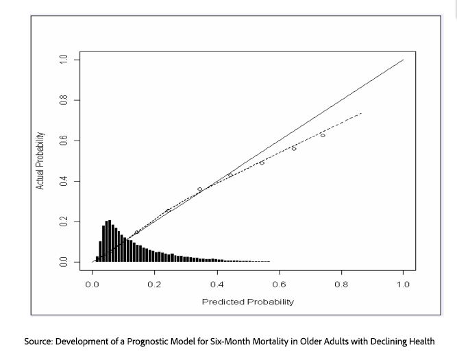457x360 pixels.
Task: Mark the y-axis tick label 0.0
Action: (64, 262)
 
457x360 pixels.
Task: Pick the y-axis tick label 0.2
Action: (64, 221)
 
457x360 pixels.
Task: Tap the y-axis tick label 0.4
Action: (64, 181)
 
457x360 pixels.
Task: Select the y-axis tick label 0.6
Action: (64, 141)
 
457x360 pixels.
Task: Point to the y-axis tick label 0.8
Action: (64, 100)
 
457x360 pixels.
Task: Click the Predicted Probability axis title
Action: (247, 301)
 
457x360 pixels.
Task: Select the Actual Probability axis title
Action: (41, 160)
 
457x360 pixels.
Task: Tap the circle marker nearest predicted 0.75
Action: (323, 135)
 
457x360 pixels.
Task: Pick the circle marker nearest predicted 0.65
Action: (294, 148)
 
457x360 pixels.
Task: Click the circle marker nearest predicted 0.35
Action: (200, 189)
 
